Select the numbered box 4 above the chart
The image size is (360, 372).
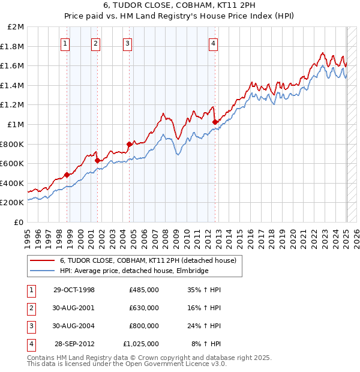[214, 43]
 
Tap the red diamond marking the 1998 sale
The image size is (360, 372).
[67, 175]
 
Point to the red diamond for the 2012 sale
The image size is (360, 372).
[215, 122]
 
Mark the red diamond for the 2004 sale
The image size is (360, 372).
[129, 144]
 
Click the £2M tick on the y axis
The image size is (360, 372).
[15, 27]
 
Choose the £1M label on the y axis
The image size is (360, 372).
[15, 125]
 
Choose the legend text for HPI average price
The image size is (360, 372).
[134, 271]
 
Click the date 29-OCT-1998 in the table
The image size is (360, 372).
[74, 290]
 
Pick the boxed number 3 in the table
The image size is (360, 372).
[31, 326]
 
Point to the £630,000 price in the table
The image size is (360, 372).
[143, 308]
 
